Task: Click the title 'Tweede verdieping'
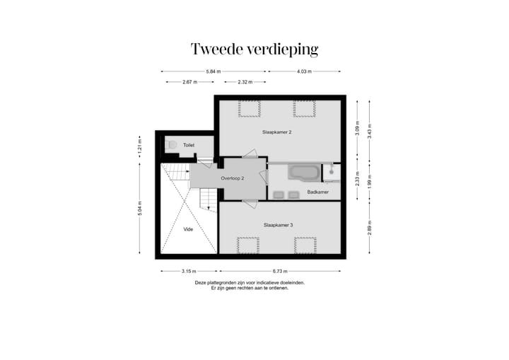255,50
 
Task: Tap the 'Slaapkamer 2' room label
278,132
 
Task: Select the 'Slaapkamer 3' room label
278,225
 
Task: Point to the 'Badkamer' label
317,192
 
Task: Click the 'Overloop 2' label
232,179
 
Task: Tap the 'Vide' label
188,230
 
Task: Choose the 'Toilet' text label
189,145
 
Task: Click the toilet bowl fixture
170,144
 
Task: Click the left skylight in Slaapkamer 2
248,108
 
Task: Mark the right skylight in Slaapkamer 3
305,245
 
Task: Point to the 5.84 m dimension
213,71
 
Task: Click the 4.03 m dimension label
304,71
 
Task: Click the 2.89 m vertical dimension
369,229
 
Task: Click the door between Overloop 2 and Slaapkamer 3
249,204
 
